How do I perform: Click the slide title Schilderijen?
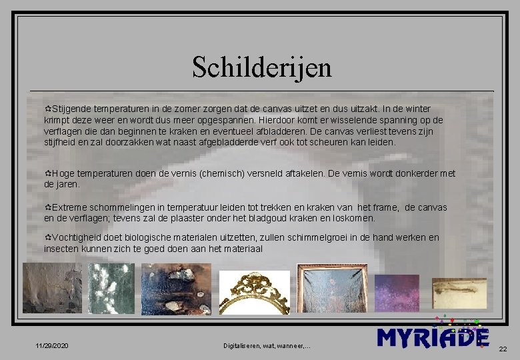click(x=261, y=67)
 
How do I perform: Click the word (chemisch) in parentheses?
click(x=227, y=173)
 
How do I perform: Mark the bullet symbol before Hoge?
click(x=47, y=173)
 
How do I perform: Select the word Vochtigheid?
click(x=77, y=237)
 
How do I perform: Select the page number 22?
click(x=503, y=349)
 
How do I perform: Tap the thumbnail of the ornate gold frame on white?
click(x=255, y=292)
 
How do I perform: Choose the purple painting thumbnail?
click(x=397, y=293)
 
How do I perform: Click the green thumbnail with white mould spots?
click(x=111, y=288)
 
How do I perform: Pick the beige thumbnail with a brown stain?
click(x=459, y=293)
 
